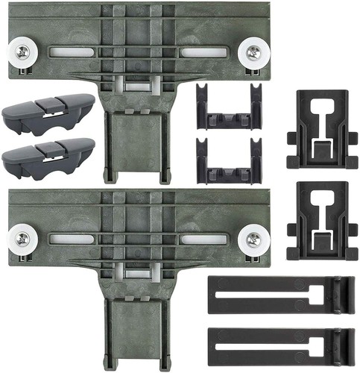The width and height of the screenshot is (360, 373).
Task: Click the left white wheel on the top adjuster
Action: (x=22, y=54)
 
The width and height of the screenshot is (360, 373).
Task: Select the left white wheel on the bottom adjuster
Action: (x=22, y=240)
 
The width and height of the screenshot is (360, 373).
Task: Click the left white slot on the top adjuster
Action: (x=72, y=53)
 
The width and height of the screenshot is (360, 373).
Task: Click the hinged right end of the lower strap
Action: (x=344, y=340)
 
